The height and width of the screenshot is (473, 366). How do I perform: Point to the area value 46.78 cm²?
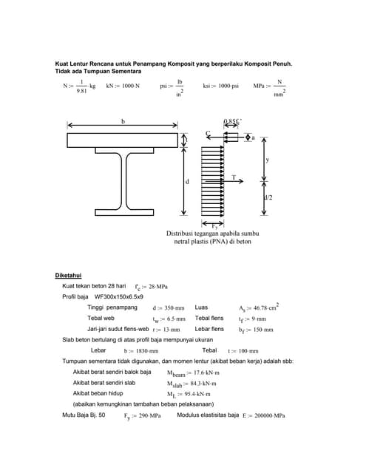[265, 307]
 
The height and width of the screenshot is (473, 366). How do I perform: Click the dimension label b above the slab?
[122, 121]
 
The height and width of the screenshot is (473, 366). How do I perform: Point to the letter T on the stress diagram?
[234, 178]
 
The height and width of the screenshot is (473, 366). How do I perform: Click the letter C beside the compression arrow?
[209, 134]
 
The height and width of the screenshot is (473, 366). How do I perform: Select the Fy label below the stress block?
[214, 223]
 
